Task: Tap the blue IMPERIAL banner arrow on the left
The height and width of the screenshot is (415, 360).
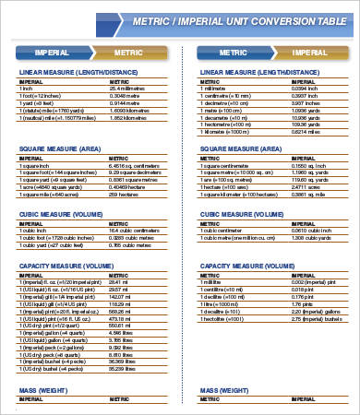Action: [x=54, y=53]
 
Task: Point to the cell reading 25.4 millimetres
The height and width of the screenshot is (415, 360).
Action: [x=130, y=88]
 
